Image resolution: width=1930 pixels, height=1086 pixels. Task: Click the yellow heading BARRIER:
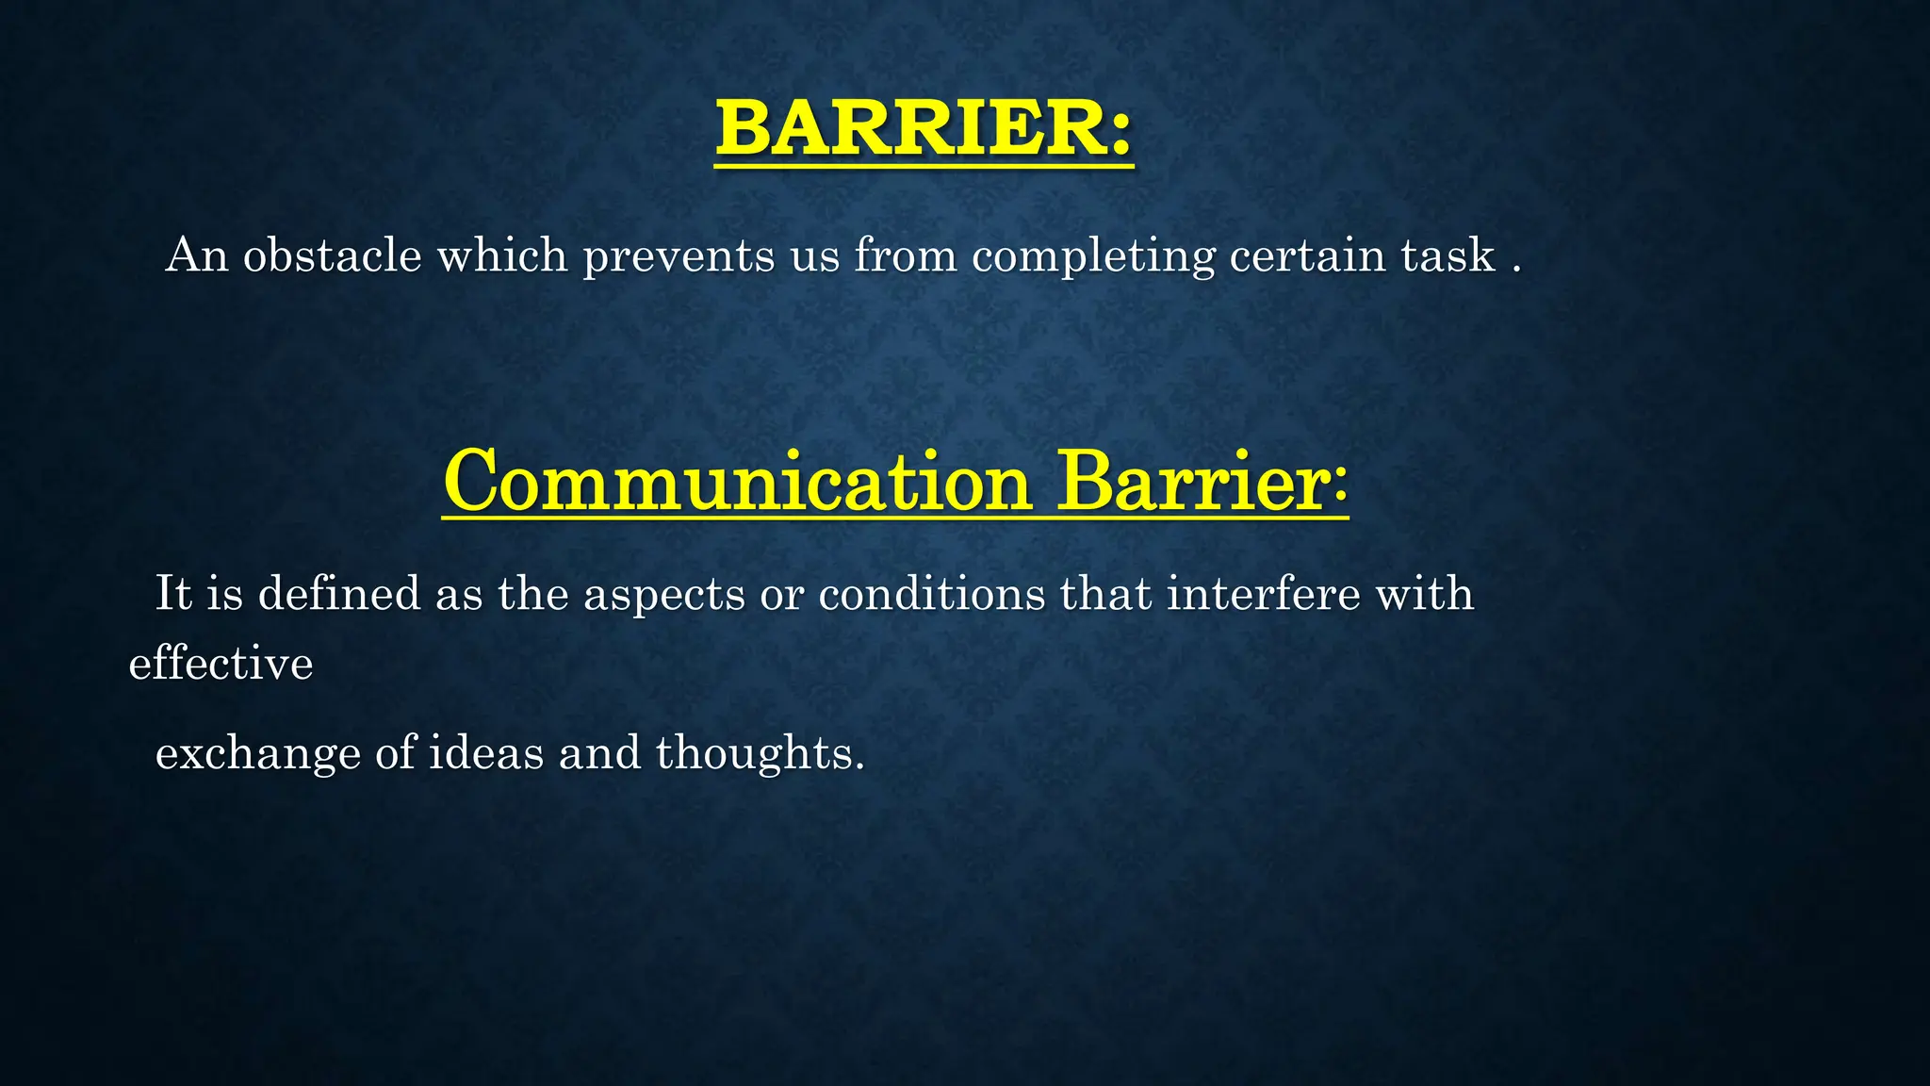point(924,129)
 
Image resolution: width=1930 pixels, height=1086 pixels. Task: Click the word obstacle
point(332,255)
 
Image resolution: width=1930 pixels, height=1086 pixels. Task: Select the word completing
point(1093,257)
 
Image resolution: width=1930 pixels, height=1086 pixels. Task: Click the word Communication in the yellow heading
point(738,483)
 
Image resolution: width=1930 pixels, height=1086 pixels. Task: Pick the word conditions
point(931,594)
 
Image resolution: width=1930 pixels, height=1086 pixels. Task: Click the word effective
point(221,664)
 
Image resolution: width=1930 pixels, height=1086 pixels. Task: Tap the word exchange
point(257,754)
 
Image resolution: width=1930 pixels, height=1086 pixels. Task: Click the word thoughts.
point(759,754)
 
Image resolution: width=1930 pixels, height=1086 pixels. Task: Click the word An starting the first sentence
point(197,255)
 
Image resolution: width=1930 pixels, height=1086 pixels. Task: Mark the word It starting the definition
point(173,594)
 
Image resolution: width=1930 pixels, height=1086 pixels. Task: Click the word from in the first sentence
point(905,255)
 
